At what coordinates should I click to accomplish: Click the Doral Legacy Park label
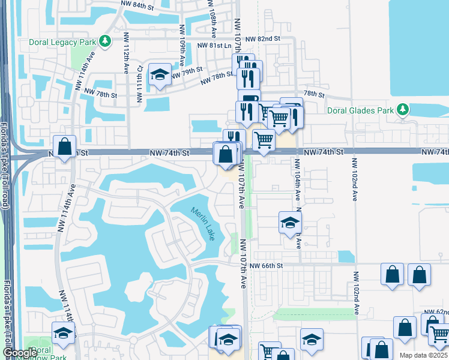point(63,42)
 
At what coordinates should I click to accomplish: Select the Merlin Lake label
point(203,224)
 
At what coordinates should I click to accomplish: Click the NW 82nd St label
point(265,38)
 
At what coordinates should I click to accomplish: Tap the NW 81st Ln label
point(214,45)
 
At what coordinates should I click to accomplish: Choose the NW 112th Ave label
point(127,58)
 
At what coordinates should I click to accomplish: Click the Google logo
point(19,353)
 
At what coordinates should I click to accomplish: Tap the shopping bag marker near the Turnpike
point(64,146)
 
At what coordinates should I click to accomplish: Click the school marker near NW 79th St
point(159,74)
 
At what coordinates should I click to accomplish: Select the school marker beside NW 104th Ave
point(290,223)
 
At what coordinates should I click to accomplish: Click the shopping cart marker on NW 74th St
point(264,141)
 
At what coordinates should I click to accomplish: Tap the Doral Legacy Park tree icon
point(106,41)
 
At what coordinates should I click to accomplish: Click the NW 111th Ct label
point(139,84)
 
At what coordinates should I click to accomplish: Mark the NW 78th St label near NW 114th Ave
point(100,93)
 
